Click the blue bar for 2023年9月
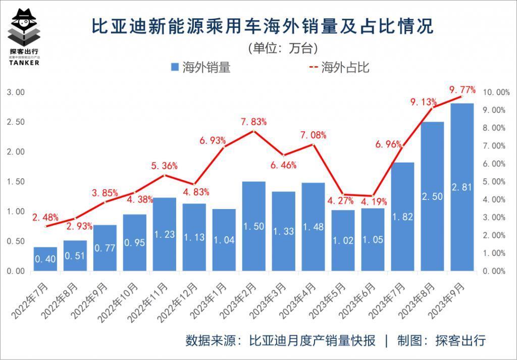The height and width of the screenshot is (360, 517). (462, 187)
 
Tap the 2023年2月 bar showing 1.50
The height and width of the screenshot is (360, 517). (253, 226)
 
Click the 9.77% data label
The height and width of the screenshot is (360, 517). (462, 90)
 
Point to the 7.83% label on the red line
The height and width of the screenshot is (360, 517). (253, 122)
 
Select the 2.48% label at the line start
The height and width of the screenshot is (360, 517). (46, 218)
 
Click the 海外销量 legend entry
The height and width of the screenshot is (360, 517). (200, 68)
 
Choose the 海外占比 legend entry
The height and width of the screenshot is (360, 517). (339, 68)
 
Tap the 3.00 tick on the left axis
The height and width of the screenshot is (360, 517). (15, 92)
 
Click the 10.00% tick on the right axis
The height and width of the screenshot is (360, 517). (496, 92)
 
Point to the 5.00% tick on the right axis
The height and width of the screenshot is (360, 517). (495, 182)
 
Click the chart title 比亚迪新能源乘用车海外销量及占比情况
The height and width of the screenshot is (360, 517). (263, 26)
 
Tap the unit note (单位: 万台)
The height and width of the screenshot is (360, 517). (283, 48)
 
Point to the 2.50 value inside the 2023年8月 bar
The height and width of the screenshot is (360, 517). (433, 196)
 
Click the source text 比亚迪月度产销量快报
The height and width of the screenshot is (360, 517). (313, 341)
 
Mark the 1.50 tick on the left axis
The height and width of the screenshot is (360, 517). (15, 182)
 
